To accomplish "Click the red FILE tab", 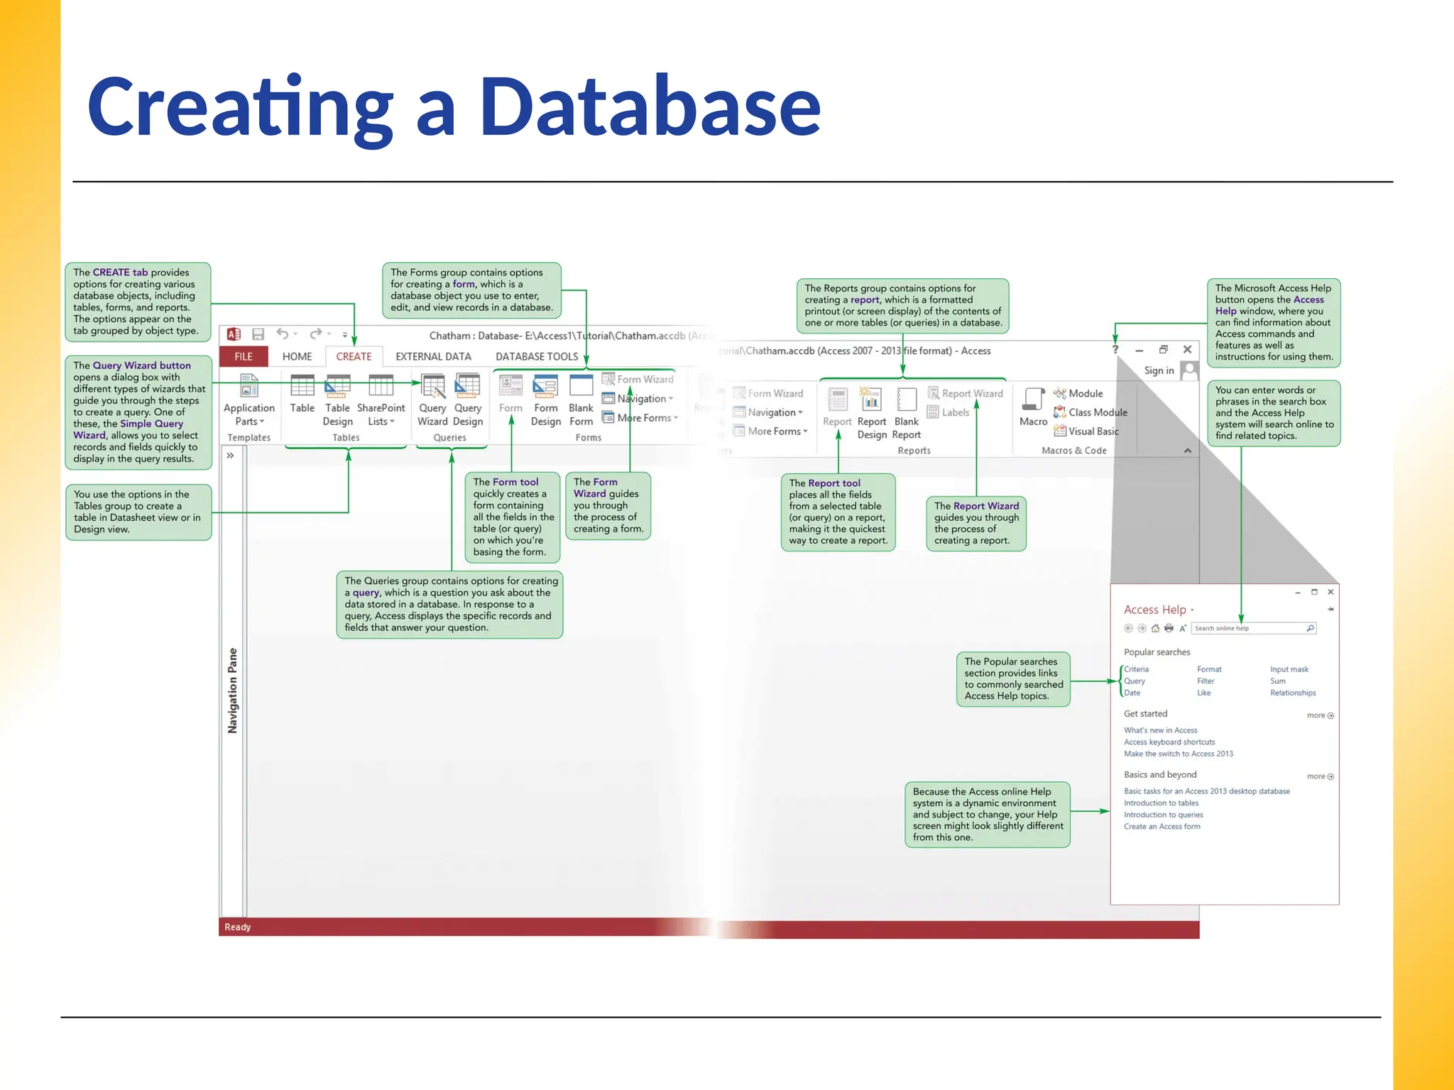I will click(244, 356).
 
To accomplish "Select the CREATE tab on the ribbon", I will click(354, 356).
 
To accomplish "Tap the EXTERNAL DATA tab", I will click(433, 356).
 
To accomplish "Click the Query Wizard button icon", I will click(432, 387).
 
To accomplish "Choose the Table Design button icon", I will click(337, 387).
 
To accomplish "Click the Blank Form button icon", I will click(581, 387).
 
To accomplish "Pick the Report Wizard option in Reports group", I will click(966, 393).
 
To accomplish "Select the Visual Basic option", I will click(1087, 431).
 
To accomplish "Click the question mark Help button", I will click(1115, 350).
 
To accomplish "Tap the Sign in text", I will click(1159, 370).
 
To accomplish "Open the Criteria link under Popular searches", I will click(1136, 669).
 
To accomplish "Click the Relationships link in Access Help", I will click(1293, 693).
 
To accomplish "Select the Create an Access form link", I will click(1161, 826).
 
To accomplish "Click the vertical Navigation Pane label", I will click(232, 690).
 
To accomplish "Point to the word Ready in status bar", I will click(238, 927).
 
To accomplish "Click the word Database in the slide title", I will click(650, 108).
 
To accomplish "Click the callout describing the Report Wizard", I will click(976, 523).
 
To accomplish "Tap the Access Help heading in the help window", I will click(1154, 610).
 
